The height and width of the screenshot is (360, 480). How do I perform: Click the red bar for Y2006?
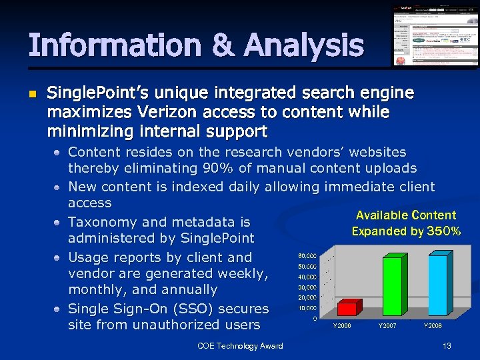[347, 308]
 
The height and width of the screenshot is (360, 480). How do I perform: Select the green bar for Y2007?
[393, 285]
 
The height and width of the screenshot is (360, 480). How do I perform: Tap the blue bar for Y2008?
[438, 285]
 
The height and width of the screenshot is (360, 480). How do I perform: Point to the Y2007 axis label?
[387, 326]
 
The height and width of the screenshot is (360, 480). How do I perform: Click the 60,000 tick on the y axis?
[307, 256]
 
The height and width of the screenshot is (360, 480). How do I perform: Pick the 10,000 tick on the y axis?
[307, 308]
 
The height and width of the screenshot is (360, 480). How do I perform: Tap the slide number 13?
[447, 345]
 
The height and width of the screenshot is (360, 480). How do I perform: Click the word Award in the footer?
[270, 345]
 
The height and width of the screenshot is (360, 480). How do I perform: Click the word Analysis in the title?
[304, 45]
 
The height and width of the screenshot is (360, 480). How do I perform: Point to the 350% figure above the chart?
[443, 231]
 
